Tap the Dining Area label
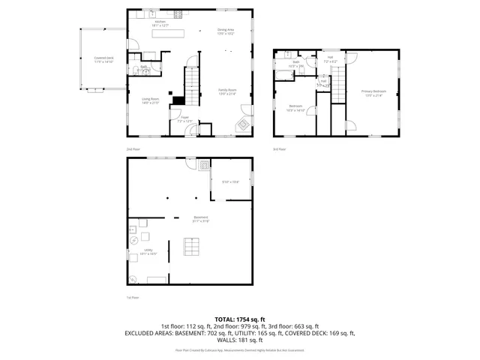226,31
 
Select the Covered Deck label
103,59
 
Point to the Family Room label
226,91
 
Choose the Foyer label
184,119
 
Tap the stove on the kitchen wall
178,13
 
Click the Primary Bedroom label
371,94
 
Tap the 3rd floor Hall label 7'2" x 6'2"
330,58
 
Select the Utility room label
148,253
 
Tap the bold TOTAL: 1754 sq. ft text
240,319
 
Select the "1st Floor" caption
133,298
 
